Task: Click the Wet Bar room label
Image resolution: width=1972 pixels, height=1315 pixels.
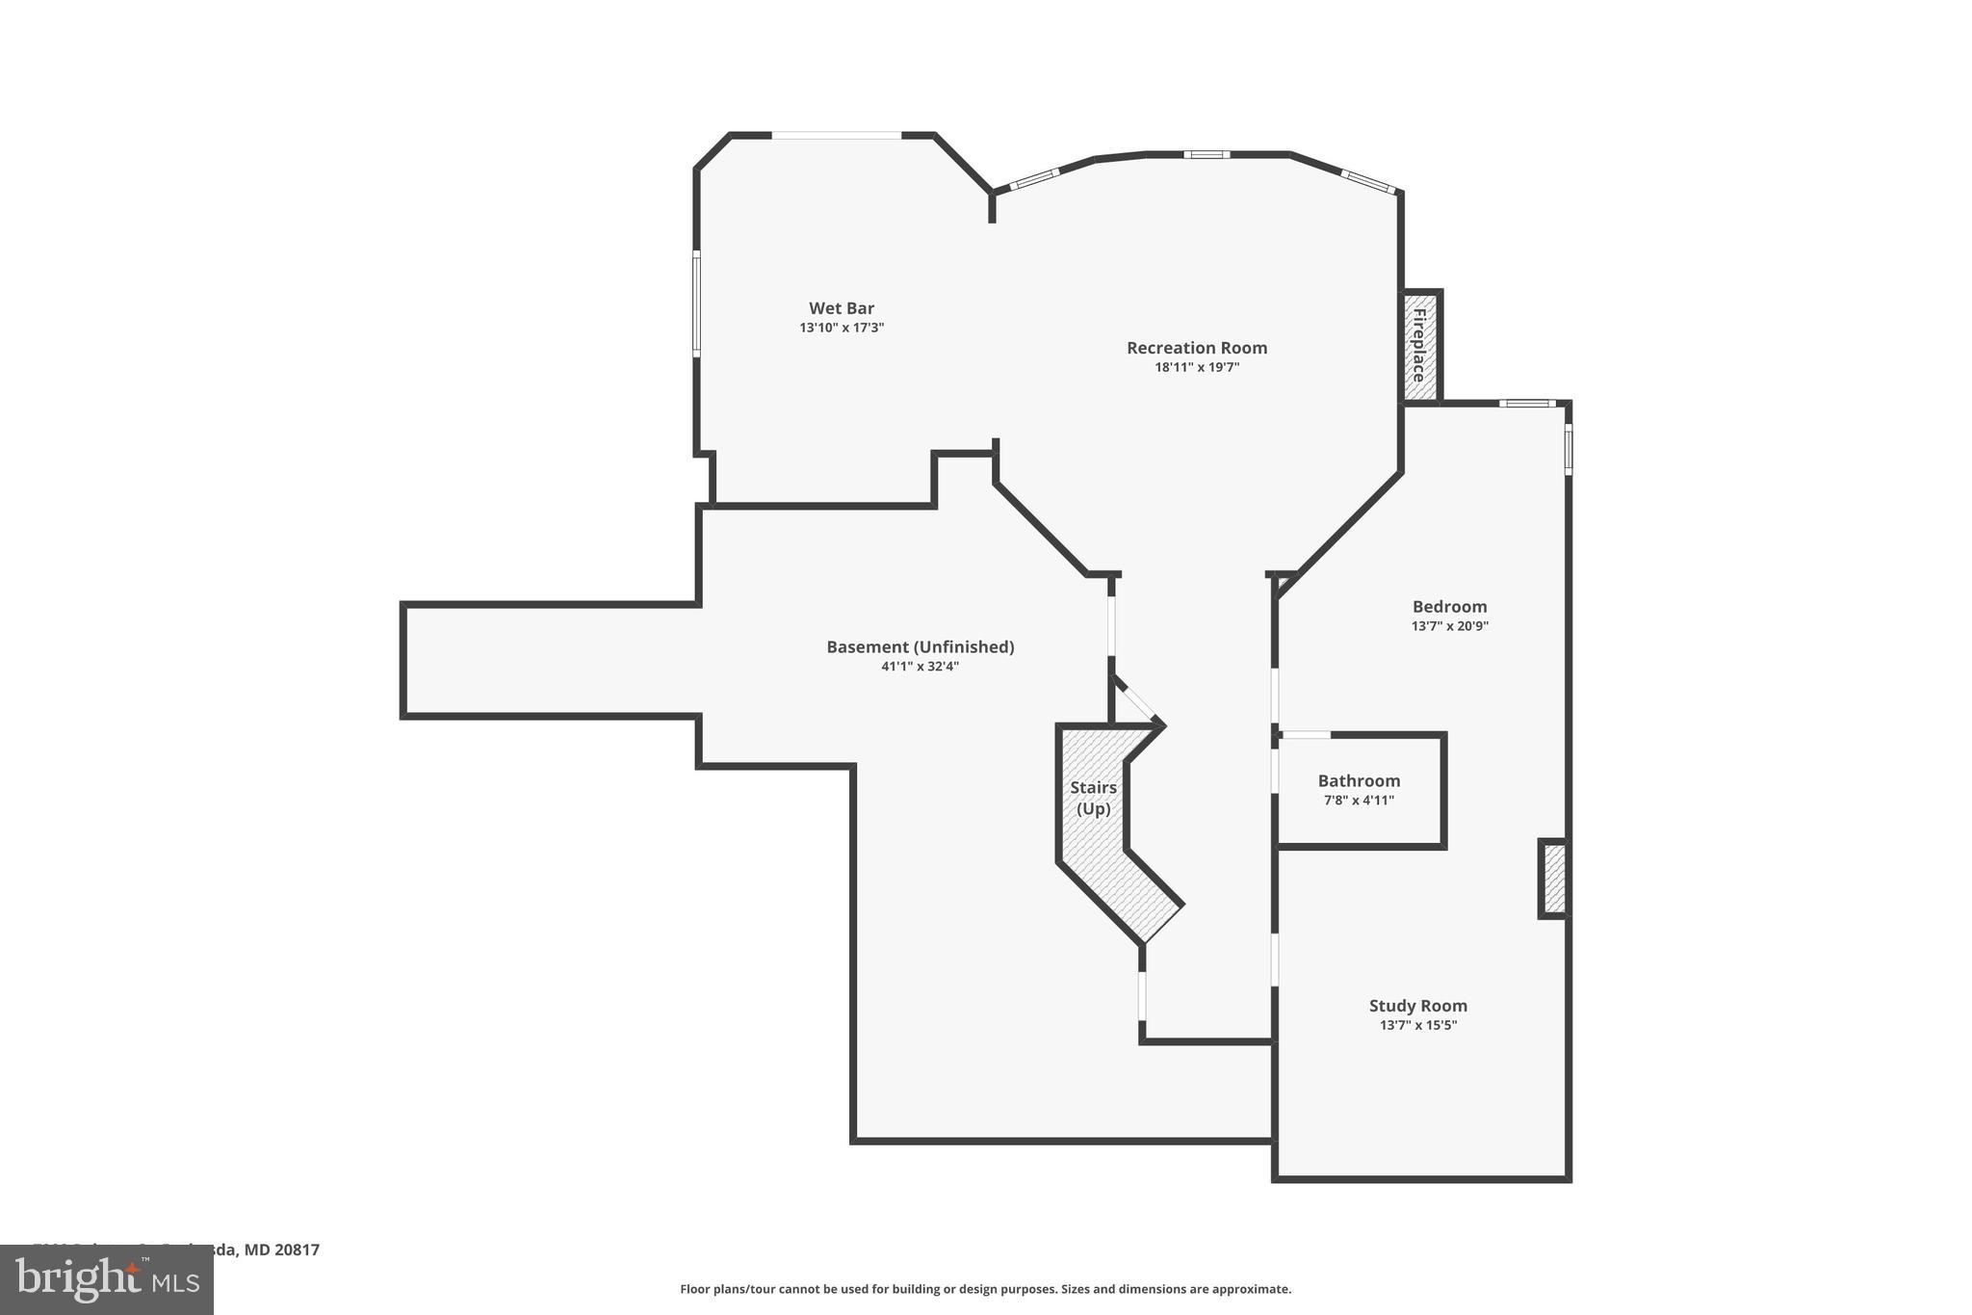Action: tap(841, 308)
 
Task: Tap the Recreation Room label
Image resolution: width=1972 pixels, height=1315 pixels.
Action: tap(1197, 348)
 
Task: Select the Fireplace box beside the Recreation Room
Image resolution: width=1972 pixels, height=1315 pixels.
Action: tap(1419, 345)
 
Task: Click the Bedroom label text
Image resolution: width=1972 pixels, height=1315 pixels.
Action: tap(1449, 607)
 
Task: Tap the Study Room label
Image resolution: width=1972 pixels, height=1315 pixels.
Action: tap(1417, 1006)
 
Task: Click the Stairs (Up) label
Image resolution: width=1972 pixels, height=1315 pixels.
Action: tap(1093, 799)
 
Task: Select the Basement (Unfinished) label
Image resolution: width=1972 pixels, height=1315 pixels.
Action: tap(920, 647)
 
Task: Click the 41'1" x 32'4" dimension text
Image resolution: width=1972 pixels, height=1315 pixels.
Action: tap(920, 666)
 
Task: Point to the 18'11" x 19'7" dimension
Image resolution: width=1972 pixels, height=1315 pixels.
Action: tap(1197, 367)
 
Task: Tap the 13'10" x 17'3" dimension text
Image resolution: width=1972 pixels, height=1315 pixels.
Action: tap(841, 328)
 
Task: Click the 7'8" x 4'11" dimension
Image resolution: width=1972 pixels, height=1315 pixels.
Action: tap(1359, 801)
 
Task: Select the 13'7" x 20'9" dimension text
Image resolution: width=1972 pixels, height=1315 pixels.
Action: tap(1449, 626)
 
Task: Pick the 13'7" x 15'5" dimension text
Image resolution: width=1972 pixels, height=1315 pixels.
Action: tap(1417, 1025)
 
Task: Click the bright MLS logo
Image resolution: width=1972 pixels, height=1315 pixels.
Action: tap(107, 1279)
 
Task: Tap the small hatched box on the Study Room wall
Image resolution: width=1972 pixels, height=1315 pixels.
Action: tap(1552, 879)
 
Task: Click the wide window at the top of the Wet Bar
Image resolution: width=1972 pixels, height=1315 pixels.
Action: tap(837, 136)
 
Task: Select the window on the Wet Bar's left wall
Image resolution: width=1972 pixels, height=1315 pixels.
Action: tap(697, 303)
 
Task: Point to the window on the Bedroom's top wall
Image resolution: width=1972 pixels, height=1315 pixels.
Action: tap(1527, 404)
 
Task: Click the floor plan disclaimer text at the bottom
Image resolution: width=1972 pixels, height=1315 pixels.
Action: tap(985, 1289)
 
